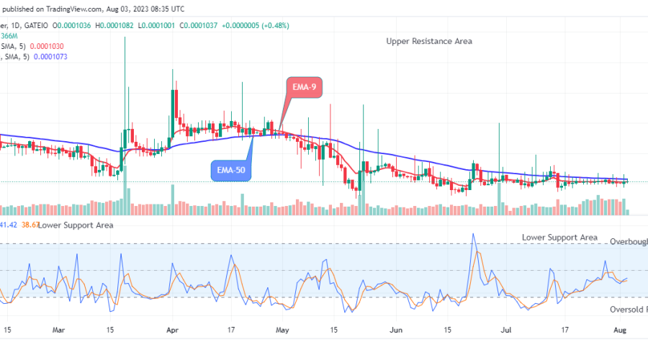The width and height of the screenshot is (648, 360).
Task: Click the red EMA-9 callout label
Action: (x=302, y=87)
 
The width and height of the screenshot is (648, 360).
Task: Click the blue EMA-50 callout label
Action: (x=230, y=171)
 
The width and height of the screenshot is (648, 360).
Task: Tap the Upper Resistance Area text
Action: (x=428, y=42)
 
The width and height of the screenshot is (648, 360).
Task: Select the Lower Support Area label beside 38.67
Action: (x=76, y=225)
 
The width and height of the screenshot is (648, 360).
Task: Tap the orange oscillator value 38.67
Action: (x=30, y=225)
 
